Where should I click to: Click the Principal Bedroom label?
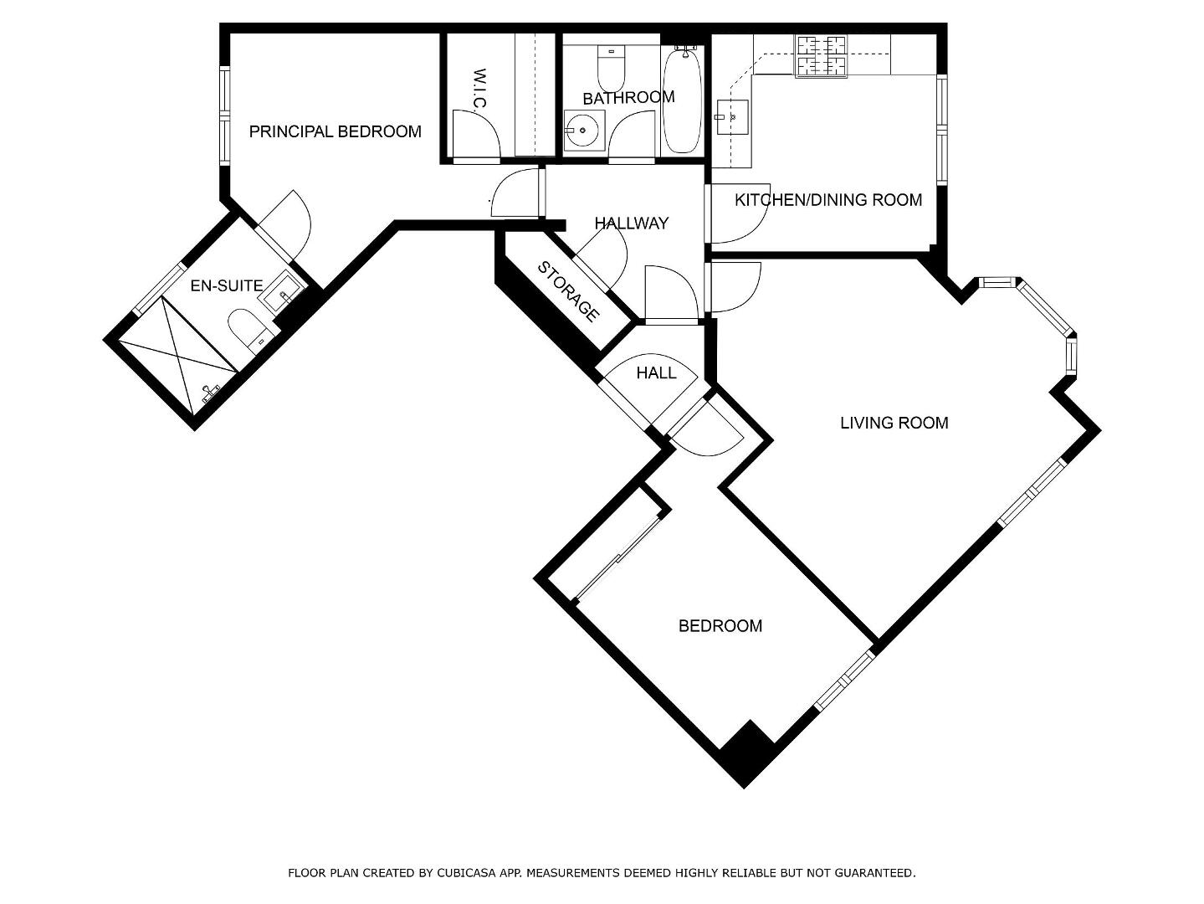[336, 131]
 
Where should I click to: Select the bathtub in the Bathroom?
[682, 100]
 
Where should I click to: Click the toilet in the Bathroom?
[611, 69]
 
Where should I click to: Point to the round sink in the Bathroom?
[584, 130]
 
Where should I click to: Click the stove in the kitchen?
[821, 55]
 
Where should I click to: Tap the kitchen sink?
[732, 117]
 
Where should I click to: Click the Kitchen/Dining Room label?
[828, 200]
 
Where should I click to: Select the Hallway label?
[632, 223]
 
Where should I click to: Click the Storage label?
[568, 292]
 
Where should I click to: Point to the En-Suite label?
[227, 285]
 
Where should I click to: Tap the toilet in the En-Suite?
[248, 330]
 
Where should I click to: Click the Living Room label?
[894, 423]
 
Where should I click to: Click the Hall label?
[656, 373]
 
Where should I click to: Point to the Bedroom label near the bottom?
[720, 626]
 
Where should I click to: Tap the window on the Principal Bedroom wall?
[224, 116]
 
